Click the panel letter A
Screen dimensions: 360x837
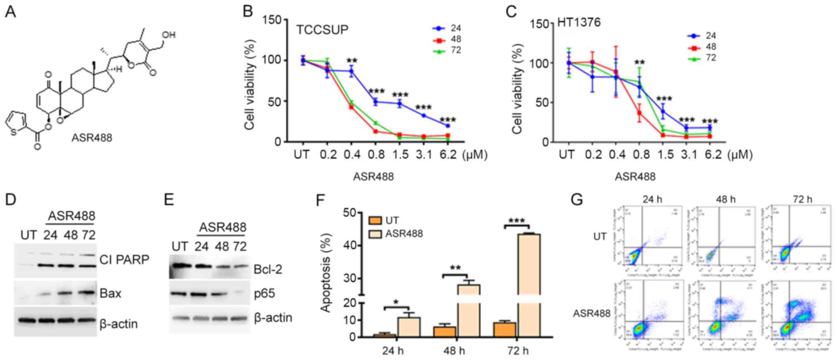pos(11,12)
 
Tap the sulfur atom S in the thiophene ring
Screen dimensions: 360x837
pos(14,132)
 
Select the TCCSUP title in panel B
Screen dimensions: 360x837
pos(322,30)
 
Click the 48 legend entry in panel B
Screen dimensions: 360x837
pos(455,40)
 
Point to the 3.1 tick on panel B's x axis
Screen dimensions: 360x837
pos(424,155)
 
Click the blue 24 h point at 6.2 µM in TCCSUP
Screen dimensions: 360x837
pos(448,126)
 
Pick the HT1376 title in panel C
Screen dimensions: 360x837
pos(579,22)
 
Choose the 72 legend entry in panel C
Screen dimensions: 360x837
pos(710,58)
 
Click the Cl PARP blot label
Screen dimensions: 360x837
pos(124,260)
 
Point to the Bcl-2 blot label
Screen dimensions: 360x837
pos(268,269)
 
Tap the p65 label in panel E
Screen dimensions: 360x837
pos(265,294)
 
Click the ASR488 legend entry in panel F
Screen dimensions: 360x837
pos(404,234)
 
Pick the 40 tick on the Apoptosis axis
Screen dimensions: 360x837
pos(351,245)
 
